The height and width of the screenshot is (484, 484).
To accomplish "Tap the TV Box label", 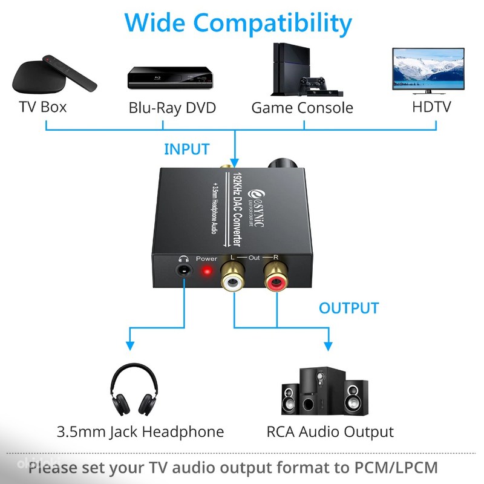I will click(x=42, y=108).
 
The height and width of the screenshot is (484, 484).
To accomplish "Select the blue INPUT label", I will click(x=186, y=149).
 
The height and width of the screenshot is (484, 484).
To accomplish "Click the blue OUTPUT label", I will click(x=349, y=308).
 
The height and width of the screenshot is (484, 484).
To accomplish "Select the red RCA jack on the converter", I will click(x=277, y=281).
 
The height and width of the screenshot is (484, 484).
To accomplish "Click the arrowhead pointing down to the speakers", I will click(x=327, y=345).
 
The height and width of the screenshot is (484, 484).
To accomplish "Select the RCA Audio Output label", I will click(x=330, y=432).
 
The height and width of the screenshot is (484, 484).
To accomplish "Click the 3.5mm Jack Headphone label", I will click(x=140, y=432).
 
